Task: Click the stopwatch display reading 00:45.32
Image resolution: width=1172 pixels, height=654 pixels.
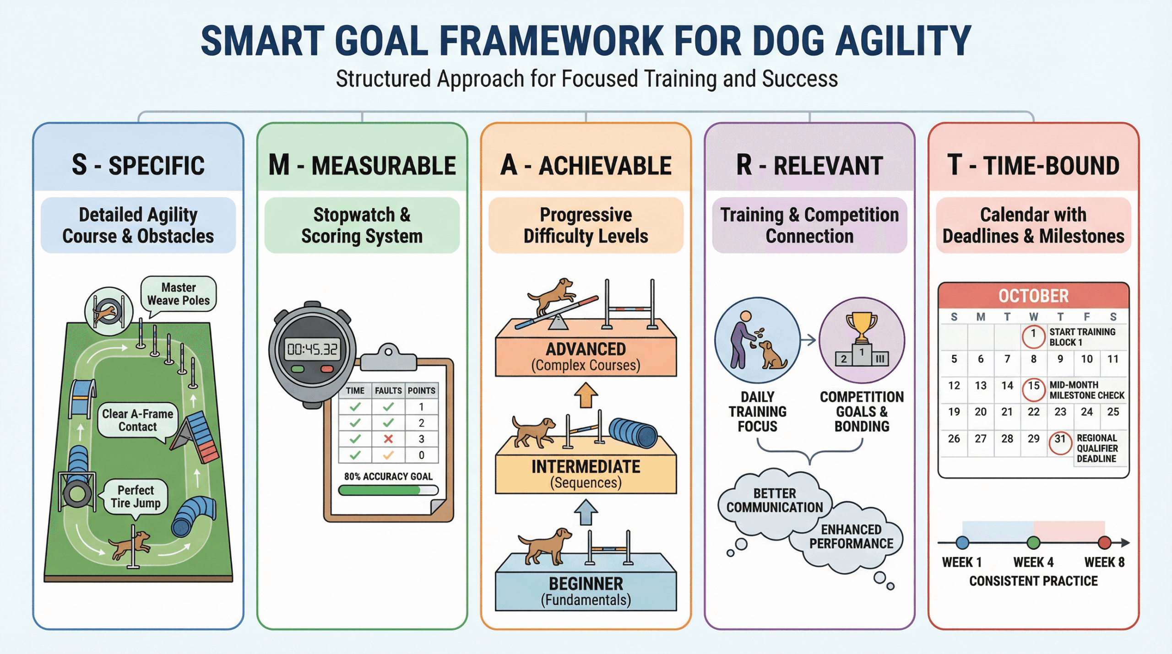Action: pos(312,349)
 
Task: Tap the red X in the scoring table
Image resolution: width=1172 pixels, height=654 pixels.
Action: pos(388,439)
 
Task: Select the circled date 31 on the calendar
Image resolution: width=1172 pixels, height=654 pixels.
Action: pos(1060,443)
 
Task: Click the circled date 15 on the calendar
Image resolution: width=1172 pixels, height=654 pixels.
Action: pos(1033,389)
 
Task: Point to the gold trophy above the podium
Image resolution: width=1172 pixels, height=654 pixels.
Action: pos(861,326)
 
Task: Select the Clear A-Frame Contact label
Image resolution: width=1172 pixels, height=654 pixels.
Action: pos(138,421)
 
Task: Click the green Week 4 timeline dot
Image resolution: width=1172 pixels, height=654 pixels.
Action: pos(1033,543)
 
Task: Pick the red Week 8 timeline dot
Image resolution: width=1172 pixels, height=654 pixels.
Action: pos(1104,543)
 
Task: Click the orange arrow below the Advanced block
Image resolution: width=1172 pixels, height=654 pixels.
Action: pos(586,395)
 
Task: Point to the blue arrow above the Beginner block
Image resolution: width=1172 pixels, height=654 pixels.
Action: pos(586,512)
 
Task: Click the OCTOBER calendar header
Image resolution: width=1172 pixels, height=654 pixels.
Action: pos(1033,296)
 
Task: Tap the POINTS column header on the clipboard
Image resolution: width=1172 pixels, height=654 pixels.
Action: pos(421,391)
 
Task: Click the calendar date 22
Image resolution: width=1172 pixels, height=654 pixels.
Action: pos(1033,412)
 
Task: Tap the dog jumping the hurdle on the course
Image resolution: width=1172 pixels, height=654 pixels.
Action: pos(129,544)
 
